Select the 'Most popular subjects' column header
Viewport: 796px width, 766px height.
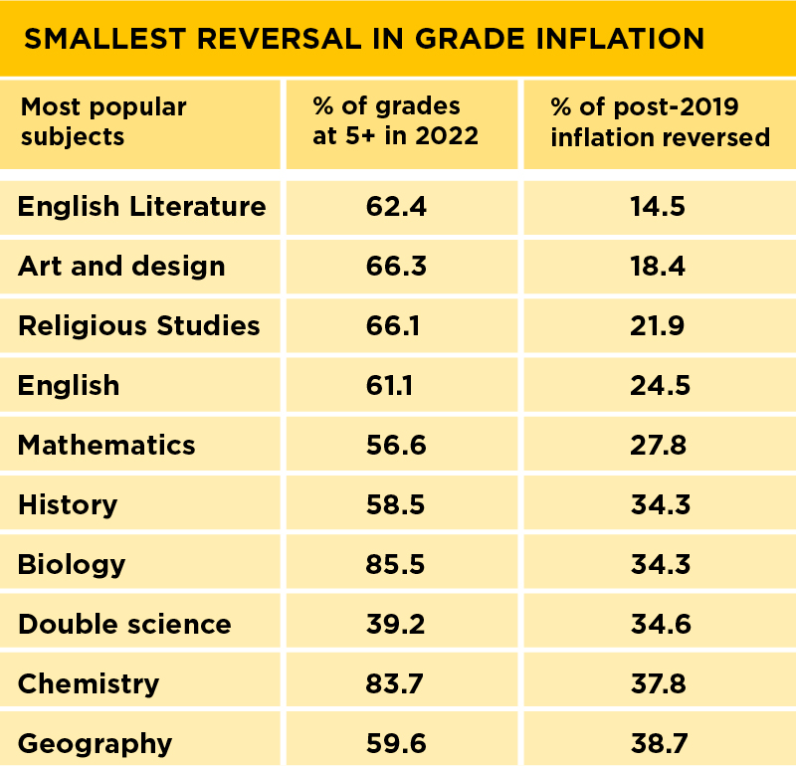(x=103, y=121)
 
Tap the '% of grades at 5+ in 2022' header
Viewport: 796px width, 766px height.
(x=396, y=121)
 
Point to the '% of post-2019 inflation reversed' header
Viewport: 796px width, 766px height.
(x=660, y=121)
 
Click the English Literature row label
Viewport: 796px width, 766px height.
(x=142, y=207)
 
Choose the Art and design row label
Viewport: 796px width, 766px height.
(x=121, y=267)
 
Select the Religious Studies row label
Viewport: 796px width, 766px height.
(x=139, y=326)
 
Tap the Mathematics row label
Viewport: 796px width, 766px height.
(x=106, y=445)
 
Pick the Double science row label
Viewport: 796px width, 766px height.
(x=124, y=624)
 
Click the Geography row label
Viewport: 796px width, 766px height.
(x=95, y=743)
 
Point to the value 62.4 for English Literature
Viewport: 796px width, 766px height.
(x=396, y=207)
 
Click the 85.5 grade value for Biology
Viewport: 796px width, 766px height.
(x=396, y=564)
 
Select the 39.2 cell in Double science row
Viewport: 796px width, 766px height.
(x=396, y=624)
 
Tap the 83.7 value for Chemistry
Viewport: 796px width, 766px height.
(x=396, y=683)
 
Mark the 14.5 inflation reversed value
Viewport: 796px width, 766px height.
(x=658, y=207)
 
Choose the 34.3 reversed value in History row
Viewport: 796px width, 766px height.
(x=658, y=504)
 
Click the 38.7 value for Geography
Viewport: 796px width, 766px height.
(x=658, y=743)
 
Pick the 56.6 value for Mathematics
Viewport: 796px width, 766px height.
(x=396, y=445)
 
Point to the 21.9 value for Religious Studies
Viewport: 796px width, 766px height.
(x=658, y=326)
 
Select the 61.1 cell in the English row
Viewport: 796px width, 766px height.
(x=396, y=385)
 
